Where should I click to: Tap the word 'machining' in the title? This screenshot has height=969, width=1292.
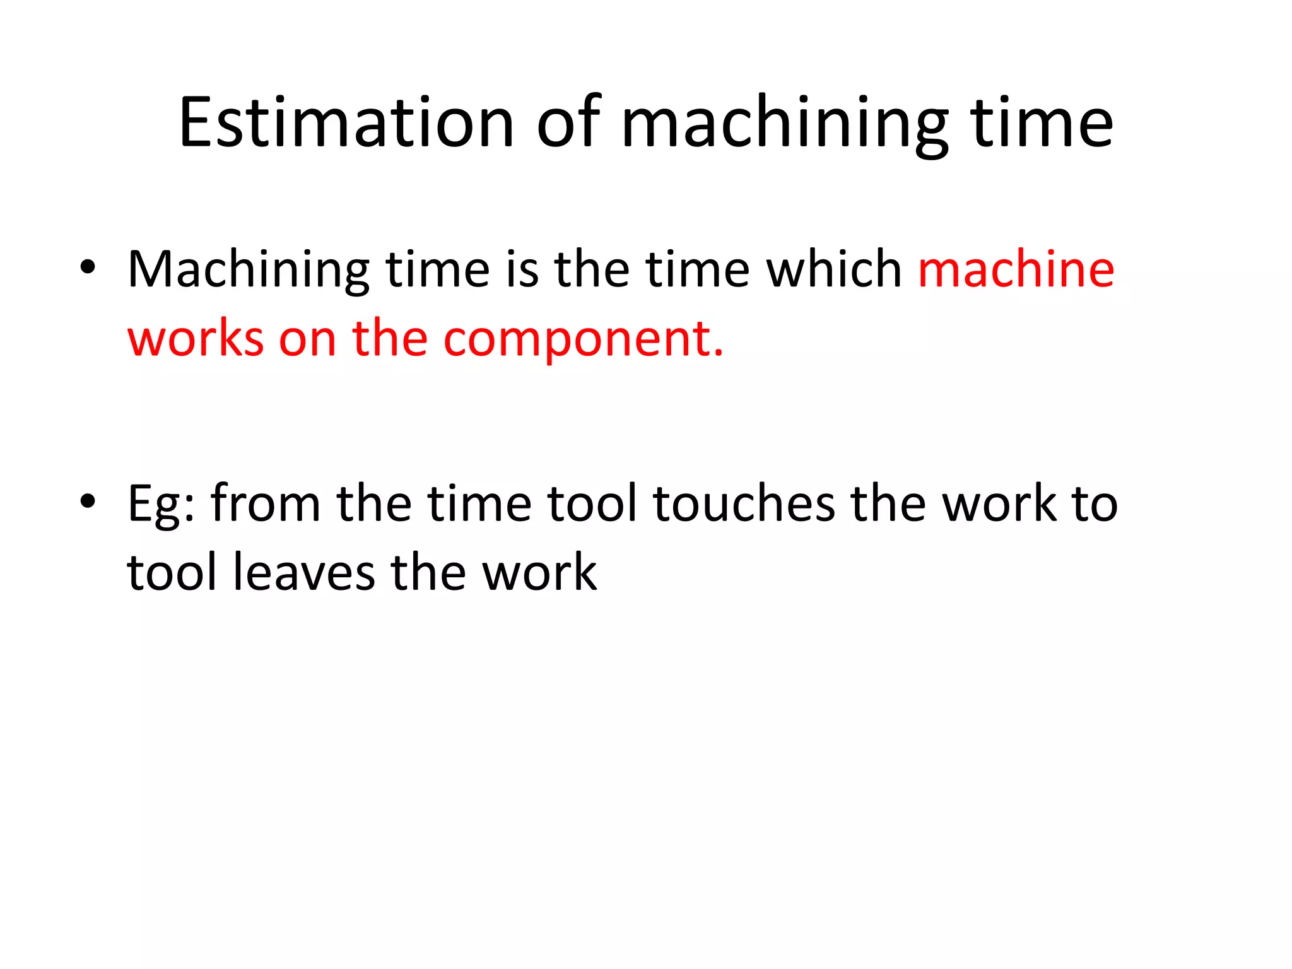coord(785,125)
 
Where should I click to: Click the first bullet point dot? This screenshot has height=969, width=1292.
coord(88,267)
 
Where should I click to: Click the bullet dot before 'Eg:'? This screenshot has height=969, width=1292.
coord(88,502)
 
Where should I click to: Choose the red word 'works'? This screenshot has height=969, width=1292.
coord(196,339)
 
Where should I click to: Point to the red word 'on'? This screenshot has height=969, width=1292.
coord(307,340)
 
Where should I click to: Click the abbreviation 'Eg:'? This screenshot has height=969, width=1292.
coord(161,505)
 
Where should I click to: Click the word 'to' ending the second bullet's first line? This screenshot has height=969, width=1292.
coord(1095,504)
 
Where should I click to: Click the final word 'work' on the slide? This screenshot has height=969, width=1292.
coord(539,573)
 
